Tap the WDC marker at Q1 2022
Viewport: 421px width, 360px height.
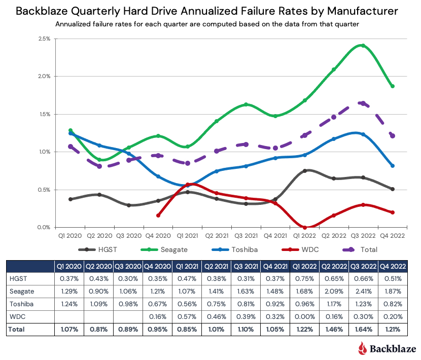coord(305,227)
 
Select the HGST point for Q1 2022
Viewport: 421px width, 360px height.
coord(305,171)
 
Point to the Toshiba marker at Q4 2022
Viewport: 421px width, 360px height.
coord(393,166)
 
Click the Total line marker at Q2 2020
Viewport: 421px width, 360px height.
coord(99,166)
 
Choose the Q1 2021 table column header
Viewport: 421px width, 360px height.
coord(188,266)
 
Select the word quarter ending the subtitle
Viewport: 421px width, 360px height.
coord(352,24)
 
